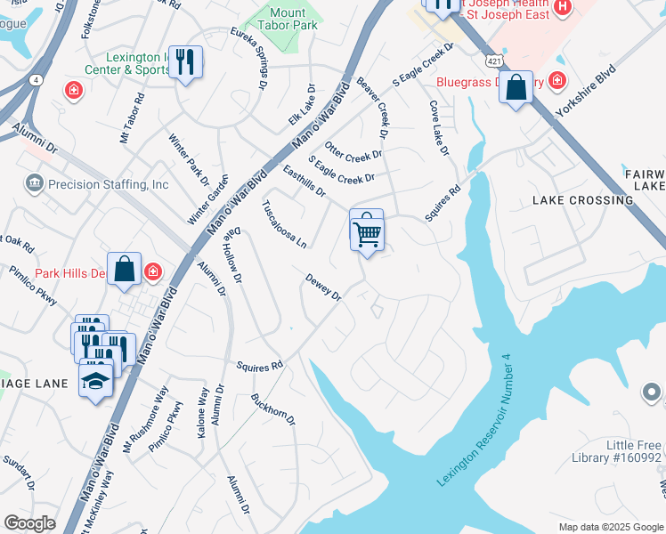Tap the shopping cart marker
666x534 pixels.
point(367,233)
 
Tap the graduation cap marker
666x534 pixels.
point(95,381)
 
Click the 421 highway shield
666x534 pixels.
point(492,61)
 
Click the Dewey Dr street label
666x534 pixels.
point(323,287)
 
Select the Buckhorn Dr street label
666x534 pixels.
point(272,409)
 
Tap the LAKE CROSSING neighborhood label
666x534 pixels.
point(582,200)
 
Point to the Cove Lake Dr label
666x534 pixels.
point(438,127)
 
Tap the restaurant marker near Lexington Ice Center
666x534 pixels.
point(185,62)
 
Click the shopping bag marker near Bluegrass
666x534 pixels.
point(516,88)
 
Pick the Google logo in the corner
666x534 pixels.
point(30,523)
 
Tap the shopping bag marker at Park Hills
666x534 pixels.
point(125,270)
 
